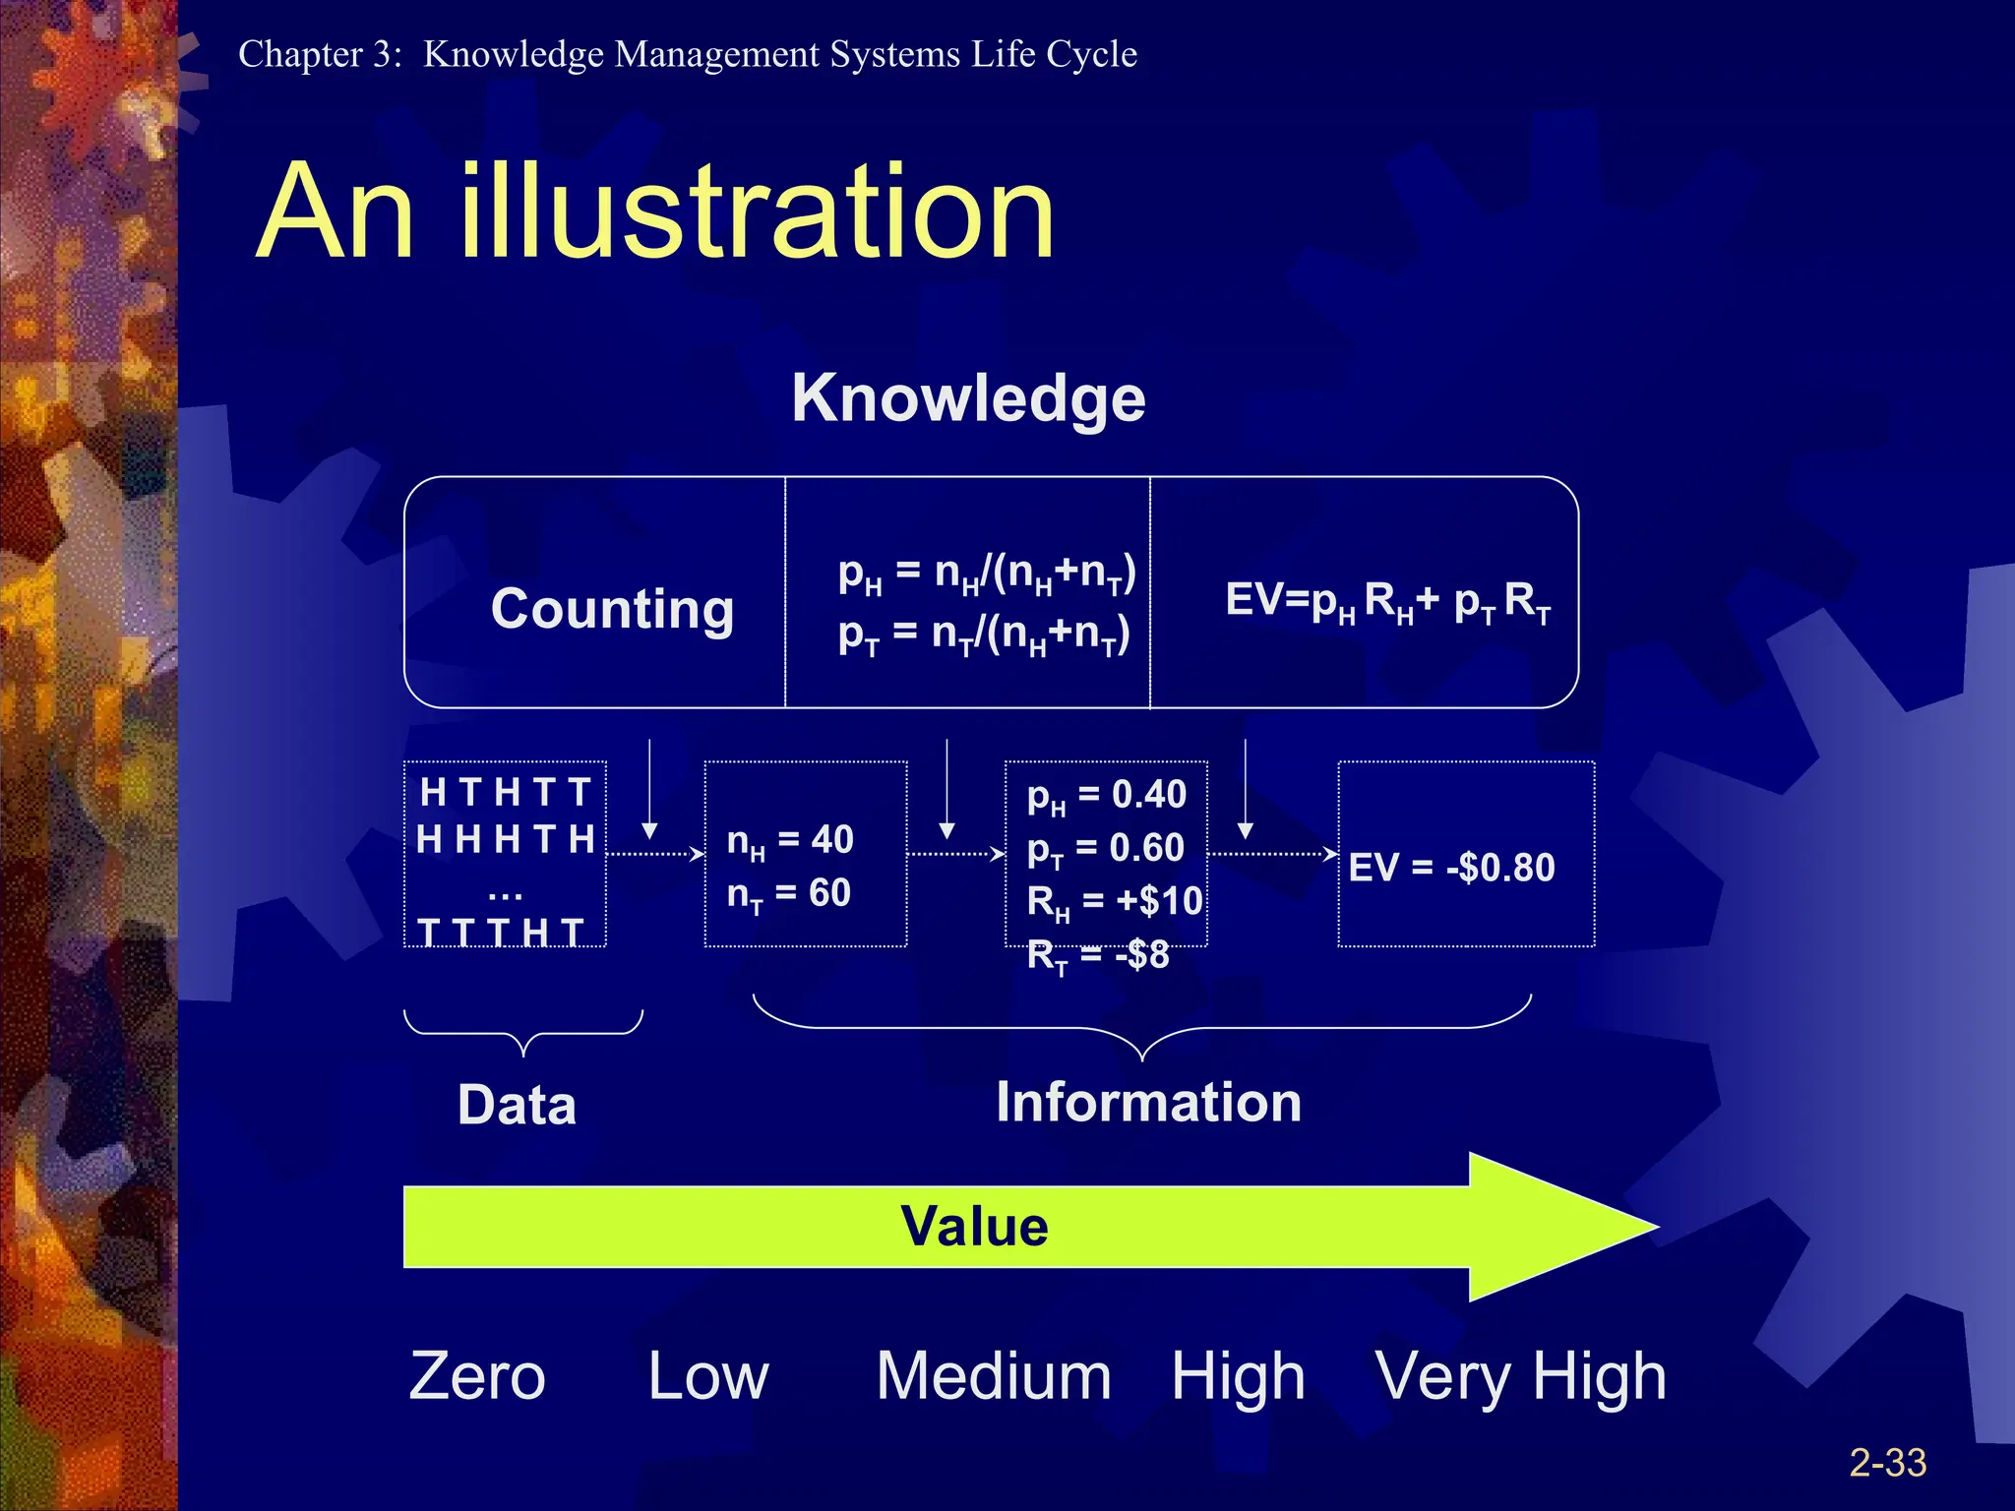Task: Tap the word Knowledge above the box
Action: pos(968,398)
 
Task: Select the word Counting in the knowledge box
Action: pos(612,609)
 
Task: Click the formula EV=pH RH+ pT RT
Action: pos(1387,601)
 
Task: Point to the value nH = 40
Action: pos(789,841)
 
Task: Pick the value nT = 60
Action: pos(788,894)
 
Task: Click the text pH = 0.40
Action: pos(1107,795)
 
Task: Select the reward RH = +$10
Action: pos(1114,902)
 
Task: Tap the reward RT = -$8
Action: pos(1097,955)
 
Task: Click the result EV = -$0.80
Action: pos(1451,868)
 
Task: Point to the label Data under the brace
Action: pos(517,1105)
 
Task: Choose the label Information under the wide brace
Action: pos(1148,1102)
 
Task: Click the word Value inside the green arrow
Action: pos(974,1227)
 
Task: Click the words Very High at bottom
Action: pos(1520,1377)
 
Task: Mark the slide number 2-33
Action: pos(1887,1463)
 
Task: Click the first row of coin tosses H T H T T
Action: pos(505,792)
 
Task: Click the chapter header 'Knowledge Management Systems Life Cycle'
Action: pos(779,54)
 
